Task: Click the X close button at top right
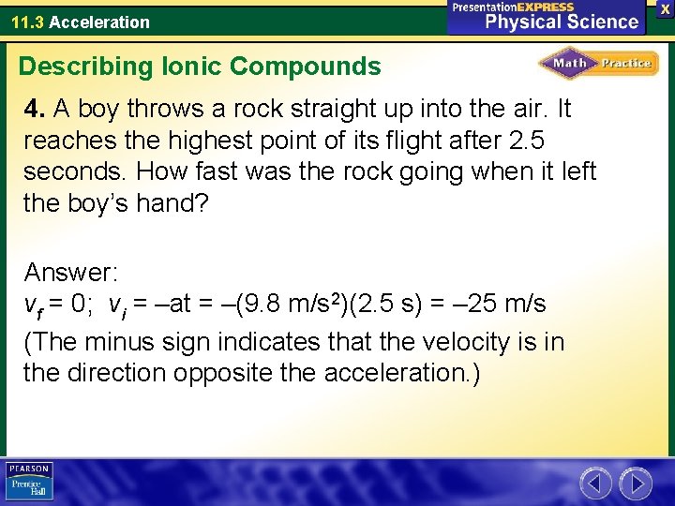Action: click(x=665, y=7)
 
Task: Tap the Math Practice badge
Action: click(x=598, y=64)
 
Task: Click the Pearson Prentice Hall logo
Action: click(x=29, y=481)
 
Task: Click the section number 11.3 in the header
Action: click(x=27, y=22)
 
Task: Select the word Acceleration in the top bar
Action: click(x=99, y=22)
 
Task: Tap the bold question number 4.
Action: click(x=35, y=110)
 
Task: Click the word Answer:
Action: click(x=70, y=273)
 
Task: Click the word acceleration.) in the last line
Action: click(x=402, y=373)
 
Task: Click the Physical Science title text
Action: click(x=562, y=21)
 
